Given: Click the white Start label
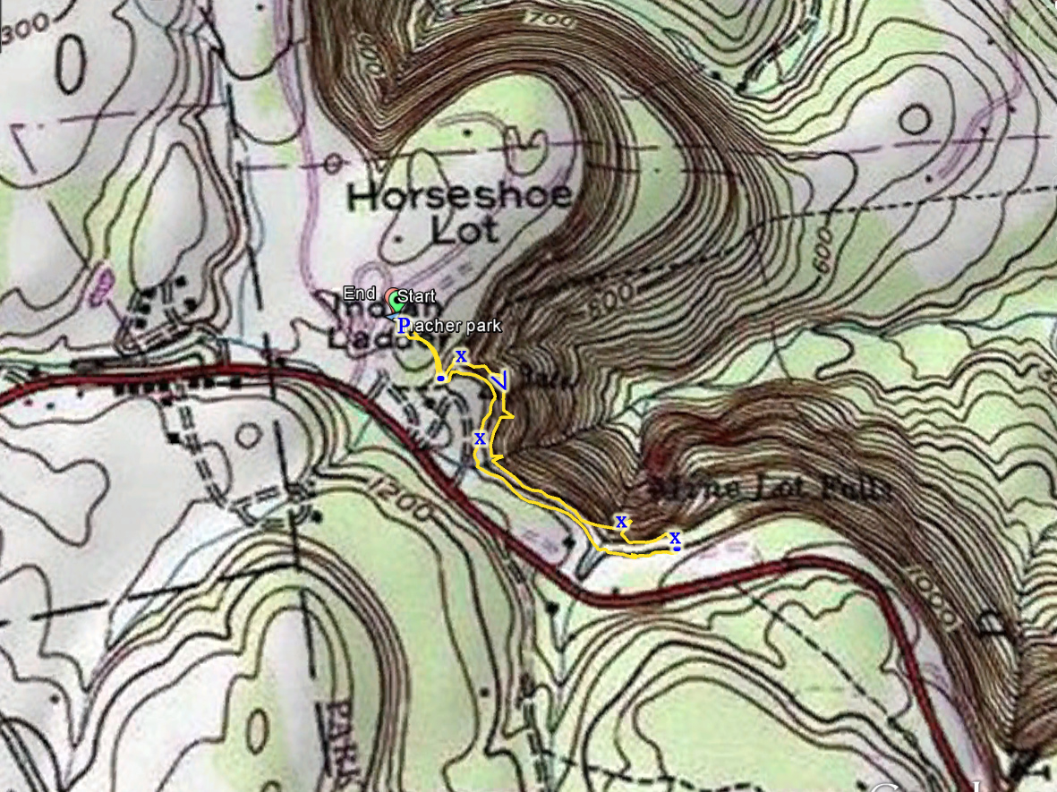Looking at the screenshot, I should pyautogui.click(x=416, y=295).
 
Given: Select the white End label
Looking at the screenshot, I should pyautogui.click(x=359, y=293).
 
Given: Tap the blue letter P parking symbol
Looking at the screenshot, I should pyautogui.click(x=403, y=324).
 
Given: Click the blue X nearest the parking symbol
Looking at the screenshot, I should pyautogui.click(x=461, y=355).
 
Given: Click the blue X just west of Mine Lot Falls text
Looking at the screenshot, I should pyautogui.click(x=620, y=521).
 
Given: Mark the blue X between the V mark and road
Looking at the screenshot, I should pyautogui.click(x=480, y=438).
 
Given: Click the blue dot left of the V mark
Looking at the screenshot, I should pyautogui.click(x=440, y=379).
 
